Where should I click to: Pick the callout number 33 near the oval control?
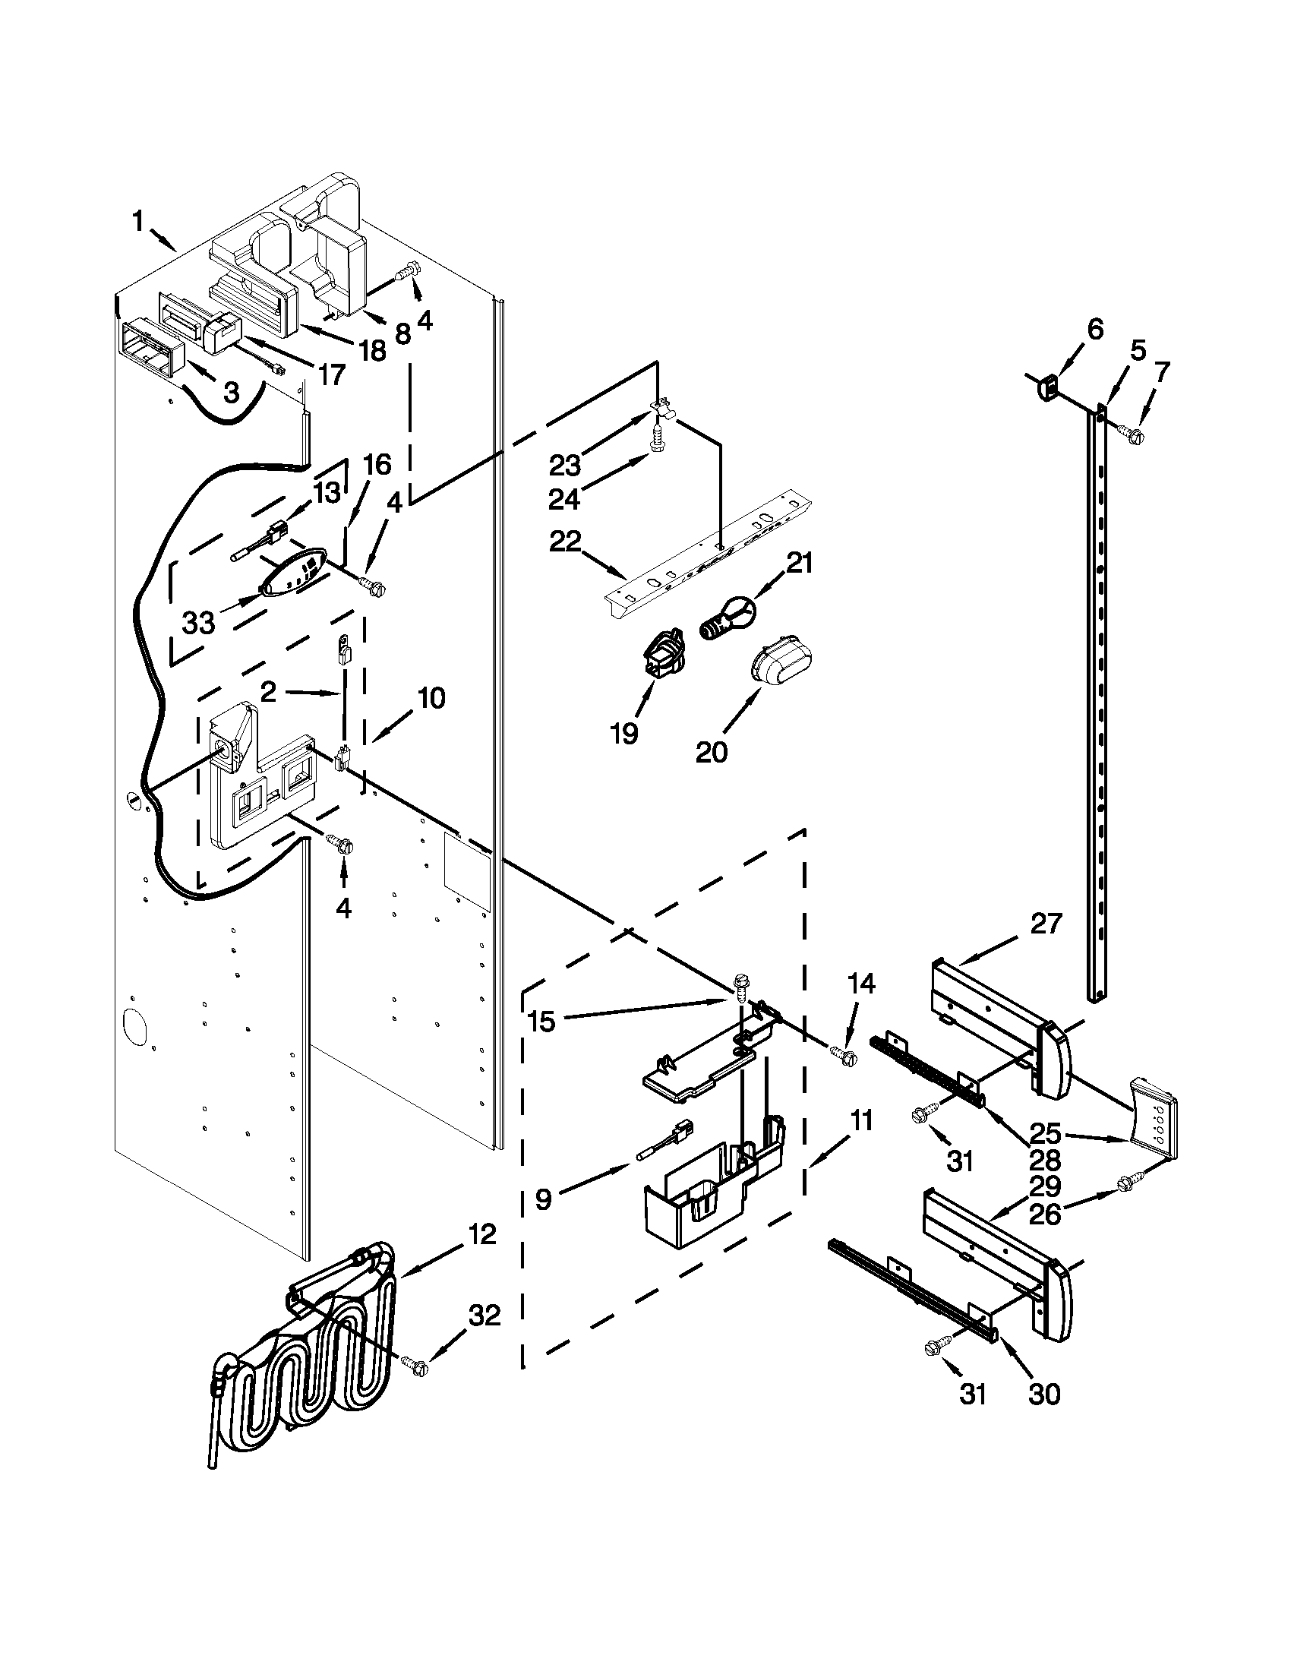point(199,624)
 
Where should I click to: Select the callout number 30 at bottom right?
point(1044,1394)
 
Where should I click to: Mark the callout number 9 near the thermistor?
point(543,1199)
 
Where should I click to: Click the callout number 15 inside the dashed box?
point(542,1022)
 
